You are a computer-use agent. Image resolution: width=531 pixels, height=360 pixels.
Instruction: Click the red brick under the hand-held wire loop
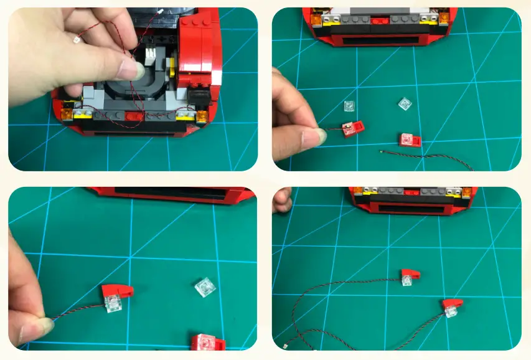(x=133, y=116)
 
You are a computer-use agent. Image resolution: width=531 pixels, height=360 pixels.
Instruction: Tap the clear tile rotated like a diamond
(x=405, y=104)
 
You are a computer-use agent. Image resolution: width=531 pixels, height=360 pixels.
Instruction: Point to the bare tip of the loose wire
(x=382, y=151)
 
